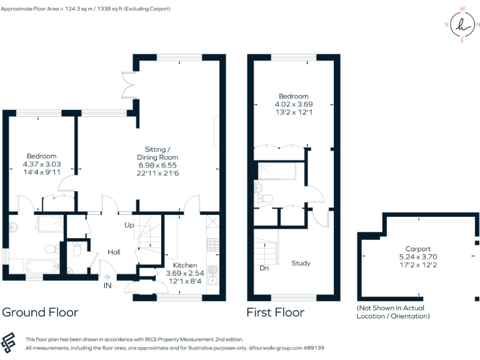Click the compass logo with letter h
pos(462,25)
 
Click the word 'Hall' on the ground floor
pos(114,252)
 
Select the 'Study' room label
pos(301,263)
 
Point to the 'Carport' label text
pos(417,249)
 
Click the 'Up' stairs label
pos(129,224)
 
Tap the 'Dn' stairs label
pos(265,269)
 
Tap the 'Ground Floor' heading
pos(41,312)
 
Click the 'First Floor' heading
pos(275,312)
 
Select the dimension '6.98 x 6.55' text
pos(161,165)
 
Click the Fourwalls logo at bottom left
pos(11,343)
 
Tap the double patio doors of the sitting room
pos(128,85)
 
